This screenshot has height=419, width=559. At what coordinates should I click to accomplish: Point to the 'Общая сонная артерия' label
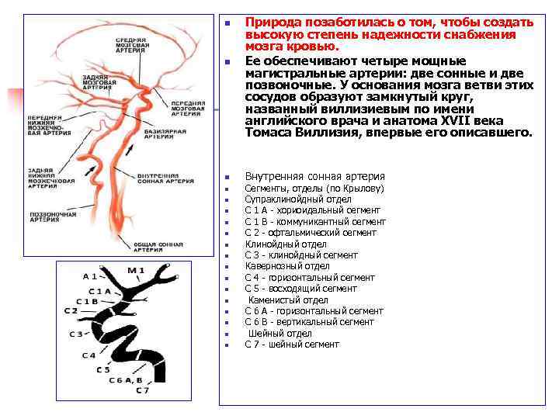[x=158, y=248]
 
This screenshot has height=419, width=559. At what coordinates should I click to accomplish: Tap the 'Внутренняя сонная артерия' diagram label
[x=161, y=179]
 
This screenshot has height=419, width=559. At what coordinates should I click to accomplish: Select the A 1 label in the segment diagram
[x=89, y=275]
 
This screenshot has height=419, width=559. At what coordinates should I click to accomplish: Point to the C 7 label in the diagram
[x=142, y=390]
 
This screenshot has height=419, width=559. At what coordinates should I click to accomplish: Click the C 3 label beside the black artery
[x=76, y=334]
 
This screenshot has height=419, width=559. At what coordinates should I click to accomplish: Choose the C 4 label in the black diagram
[x=89, y=355]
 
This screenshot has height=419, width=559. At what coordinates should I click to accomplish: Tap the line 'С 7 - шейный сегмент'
[x=292, y=345]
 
